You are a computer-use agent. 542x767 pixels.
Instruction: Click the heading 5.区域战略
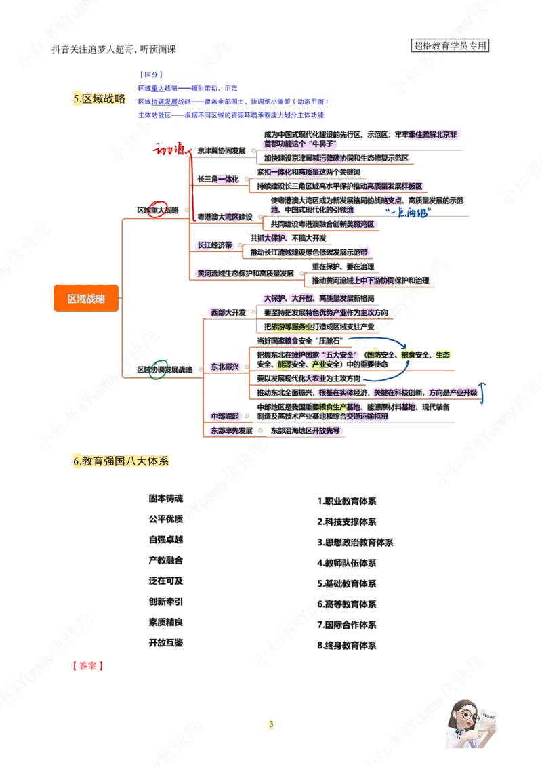pyautogui.click(x=100, y=99)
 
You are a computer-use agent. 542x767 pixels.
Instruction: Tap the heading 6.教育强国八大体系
pyautogui.click(x=122, y=462)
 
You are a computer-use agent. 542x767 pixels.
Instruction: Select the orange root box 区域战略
pyautogui.click(x=86, y=299)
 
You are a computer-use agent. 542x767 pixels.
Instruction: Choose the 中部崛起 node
pyautogui.click(x=223, y=415)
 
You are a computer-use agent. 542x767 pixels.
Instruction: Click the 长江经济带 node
pyautogui.click(x=214, y=245)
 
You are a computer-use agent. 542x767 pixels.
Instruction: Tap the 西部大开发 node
pyautogui.click(x=227, y=312)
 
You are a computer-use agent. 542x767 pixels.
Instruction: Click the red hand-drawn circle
pyautogui.click(x=158, y=210)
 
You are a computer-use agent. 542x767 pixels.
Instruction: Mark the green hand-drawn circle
pyautogui.click(x=158, y=370)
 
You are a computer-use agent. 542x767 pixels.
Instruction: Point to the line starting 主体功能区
pyautogui.click(x=230, y=115)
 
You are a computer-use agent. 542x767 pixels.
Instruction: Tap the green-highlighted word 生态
pyautogui.click(x=442, y=354)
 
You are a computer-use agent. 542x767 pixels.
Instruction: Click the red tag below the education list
pyautogui.click(x=87, y=667)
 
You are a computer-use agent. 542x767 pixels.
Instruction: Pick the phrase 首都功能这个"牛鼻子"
pyautogui.click(x=301, y=144)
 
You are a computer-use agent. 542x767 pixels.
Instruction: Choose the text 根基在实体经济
pyautogui.click(x=342, y=392)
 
